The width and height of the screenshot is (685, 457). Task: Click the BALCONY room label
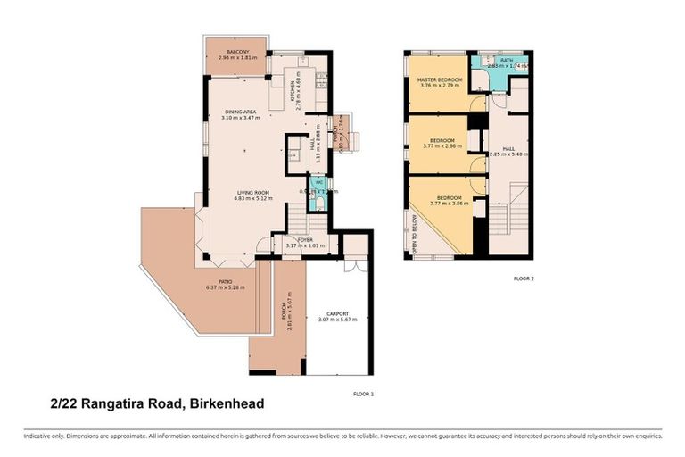coord(237,52)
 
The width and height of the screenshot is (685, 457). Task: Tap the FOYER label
coord(305,240)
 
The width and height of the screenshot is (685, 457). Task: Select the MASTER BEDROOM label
coord(441,80)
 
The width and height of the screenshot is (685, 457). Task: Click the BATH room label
coord(507,61)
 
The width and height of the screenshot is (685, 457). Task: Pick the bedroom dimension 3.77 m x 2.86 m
coord(443,145)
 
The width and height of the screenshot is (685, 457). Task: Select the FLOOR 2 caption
coord(524,278)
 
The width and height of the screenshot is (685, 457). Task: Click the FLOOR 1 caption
coord(364,393)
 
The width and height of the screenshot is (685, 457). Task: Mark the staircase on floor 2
coord(512,219)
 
